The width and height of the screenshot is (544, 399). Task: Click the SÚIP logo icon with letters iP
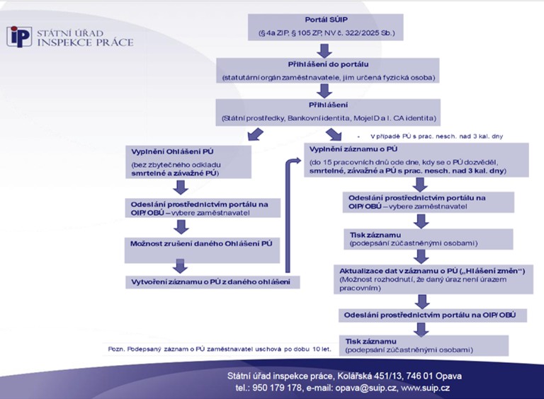click(x=20, y=36)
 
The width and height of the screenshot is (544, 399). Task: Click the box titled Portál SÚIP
click(x=326, y=27)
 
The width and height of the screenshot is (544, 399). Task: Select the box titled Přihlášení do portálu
click(x=326, y=70)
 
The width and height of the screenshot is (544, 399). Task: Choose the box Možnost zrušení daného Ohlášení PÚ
click(x=202, y=247)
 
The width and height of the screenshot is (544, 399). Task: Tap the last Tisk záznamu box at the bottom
click(x=424, y=345)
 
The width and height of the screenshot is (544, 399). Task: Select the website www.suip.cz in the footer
click(x=425, y=388)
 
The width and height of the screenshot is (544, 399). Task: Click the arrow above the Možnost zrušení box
click(x=181, y=226)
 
